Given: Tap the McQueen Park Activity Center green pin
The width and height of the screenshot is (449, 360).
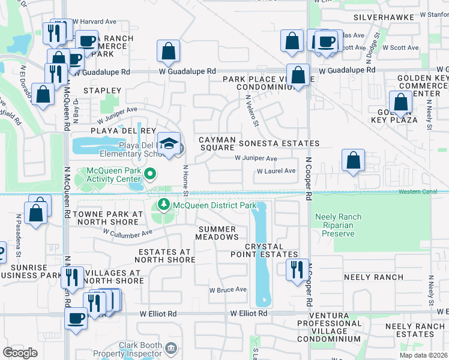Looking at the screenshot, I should point(151,175).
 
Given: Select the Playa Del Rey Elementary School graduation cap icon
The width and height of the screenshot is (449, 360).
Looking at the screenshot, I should point(170,143).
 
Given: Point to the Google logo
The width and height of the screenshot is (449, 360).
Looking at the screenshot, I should point(20,352).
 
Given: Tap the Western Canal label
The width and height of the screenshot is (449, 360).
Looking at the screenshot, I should point(423,192).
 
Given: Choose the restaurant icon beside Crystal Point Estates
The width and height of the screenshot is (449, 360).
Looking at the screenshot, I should point(295,269).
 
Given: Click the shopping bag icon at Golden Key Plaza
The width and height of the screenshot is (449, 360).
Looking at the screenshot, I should point(401,102).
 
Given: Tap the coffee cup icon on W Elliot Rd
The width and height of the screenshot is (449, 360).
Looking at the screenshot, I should point(76,318).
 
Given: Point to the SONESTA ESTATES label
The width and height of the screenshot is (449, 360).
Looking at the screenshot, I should point(279,143).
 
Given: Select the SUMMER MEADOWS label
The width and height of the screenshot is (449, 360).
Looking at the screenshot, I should point(218,233).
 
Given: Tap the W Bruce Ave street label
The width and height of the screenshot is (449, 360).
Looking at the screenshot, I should point(228,289).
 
